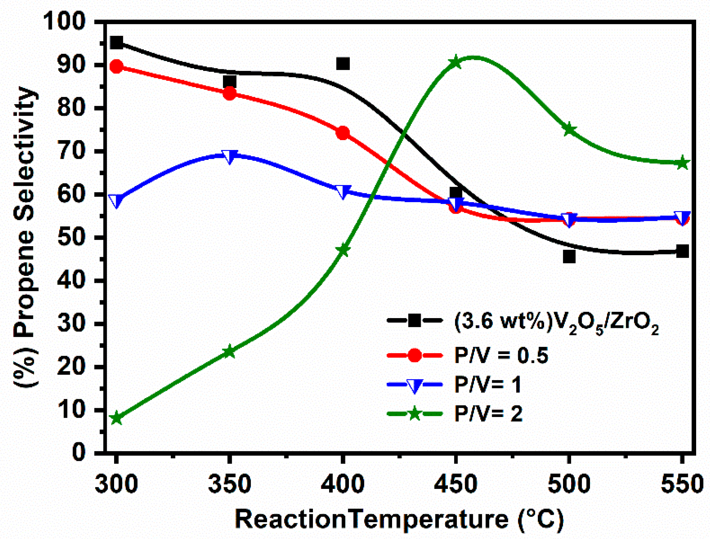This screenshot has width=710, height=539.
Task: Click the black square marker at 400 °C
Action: pyautogui.click(x=343, y=64)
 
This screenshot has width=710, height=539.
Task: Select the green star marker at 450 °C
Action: pyautogui.click(x=456, y=62)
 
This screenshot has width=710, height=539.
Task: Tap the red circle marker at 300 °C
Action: pyautogui.click(x=116, y=67)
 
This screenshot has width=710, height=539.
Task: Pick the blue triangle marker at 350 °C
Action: pyautogui.click(x=230, y=156)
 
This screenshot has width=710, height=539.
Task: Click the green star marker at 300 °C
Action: pyautogui.click(x=116, y=418)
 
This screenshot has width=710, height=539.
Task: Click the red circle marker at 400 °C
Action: pyautogui.click(x=343, y=133)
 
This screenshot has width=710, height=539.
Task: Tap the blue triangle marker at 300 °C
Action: pyautogui.click(x=116, y=200)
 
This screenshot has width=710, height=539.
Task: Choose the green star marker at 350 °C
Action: pyautogui.click(x=229, y=352)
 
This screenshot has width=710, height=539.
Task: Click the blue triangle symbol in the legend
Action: pyautogui.click(x=414, y=385)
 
